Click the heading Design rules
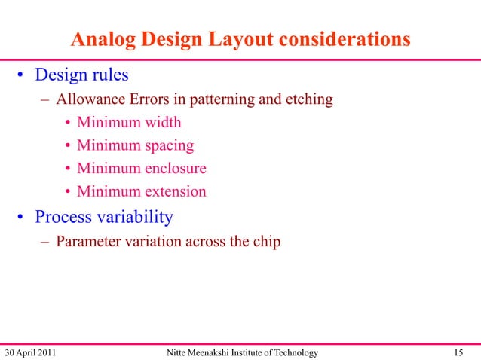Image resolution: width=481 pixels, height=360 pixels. click(x=82, y=75)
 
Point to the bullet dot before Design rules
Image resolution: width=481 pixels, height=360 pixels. click(x=23, y=76)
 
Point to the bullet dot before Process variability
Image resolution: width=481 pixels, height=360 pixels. click(x=23, y=218)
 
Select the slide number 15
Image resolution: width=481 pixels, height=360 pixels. click(x=458, y=352)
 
